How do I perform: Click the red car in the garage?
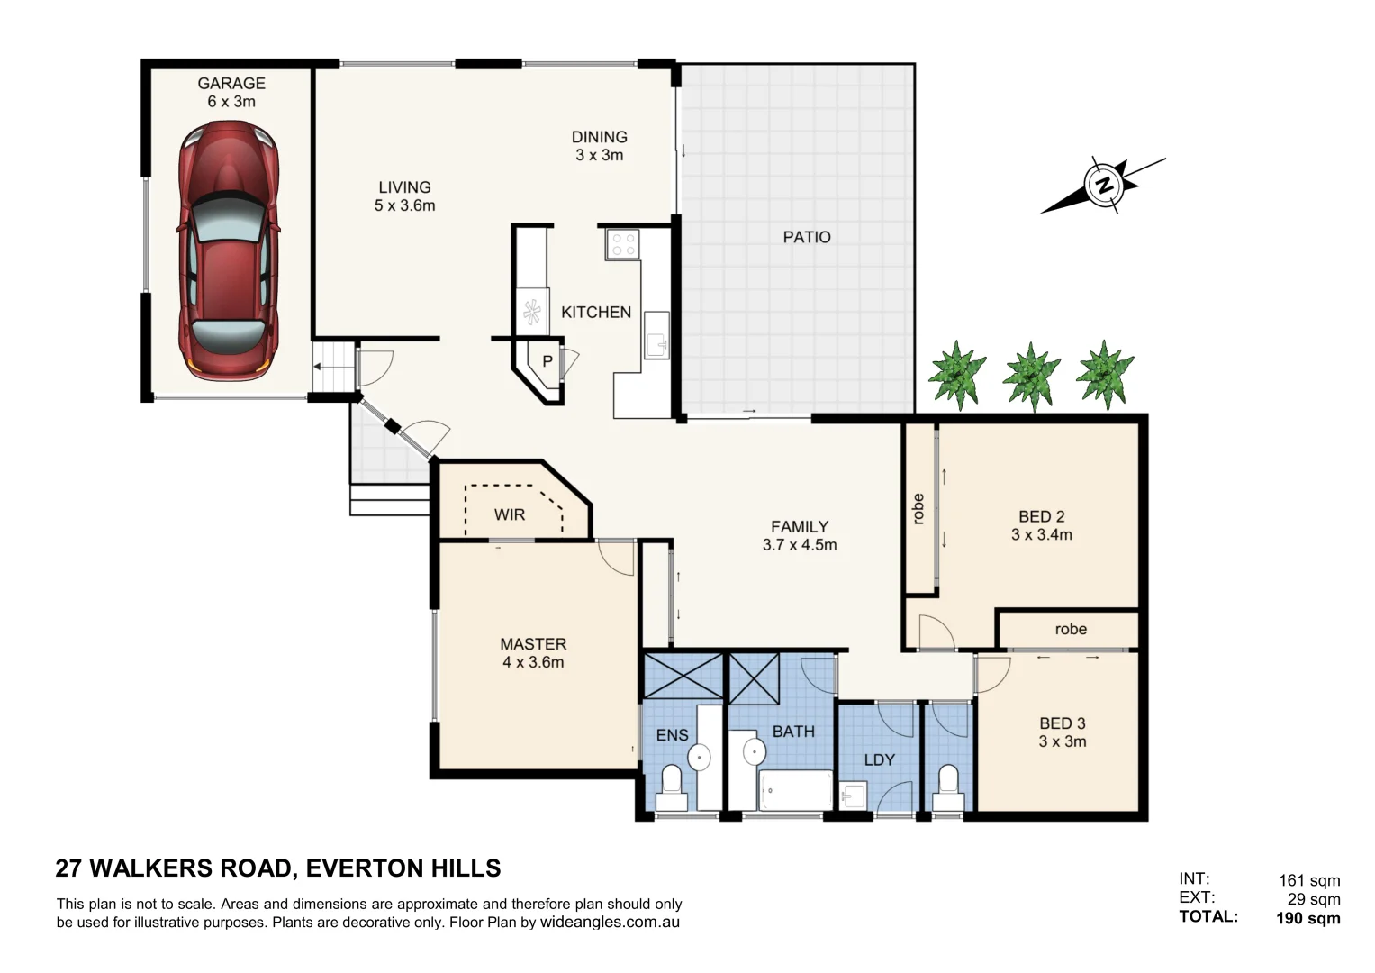pyautogui.click(x=229, y=251)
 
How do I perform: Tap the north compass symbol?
pyautogui.click(x=1103, y=186)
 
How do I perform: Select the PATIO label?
pyautogui.click(x=806, y=237)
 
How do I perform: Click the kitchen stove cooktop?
pyautogui.click(x=622, y=244)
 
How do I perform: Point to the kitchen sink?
pyautogui.click(x=656, y=335)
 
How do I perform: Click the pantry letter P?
pyautogui.click(x=547, y=362)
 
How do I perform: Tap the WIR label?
pyautogui.click(x=509, y=514)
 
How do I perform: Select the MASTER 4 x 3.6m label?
pyautogui.click(x=533, y=653)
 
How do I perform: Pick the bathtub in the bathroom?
pyautogui.click(x=796, y=790)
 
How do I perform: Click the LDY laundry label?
pyautogui.click(x=879, y=759)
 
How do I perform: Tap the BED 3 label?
pyautogui.click(x=1062, y=732)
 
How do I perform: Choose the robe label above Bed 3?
pyautogui.click(x=1070, y=629)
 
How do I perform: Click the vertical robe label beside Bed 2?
pyautogui.click(x=918, y=509)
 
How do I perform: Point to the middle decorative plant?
pyautogui.click(x=1031, y=375)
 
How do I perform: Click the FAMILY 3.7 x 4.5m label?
pyautogui.click(x=799, y=535)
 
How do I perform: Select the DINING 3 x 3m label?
pyautogui.click(x=599, y=146)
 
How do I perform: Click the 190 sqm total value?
pyautogui.click(x=1307, y=918)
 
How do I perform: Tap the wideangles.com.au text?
pyautogui.click(x=610, y=922)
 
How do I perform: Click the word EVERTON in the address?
pyautogui.click(x=363, y=868)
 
